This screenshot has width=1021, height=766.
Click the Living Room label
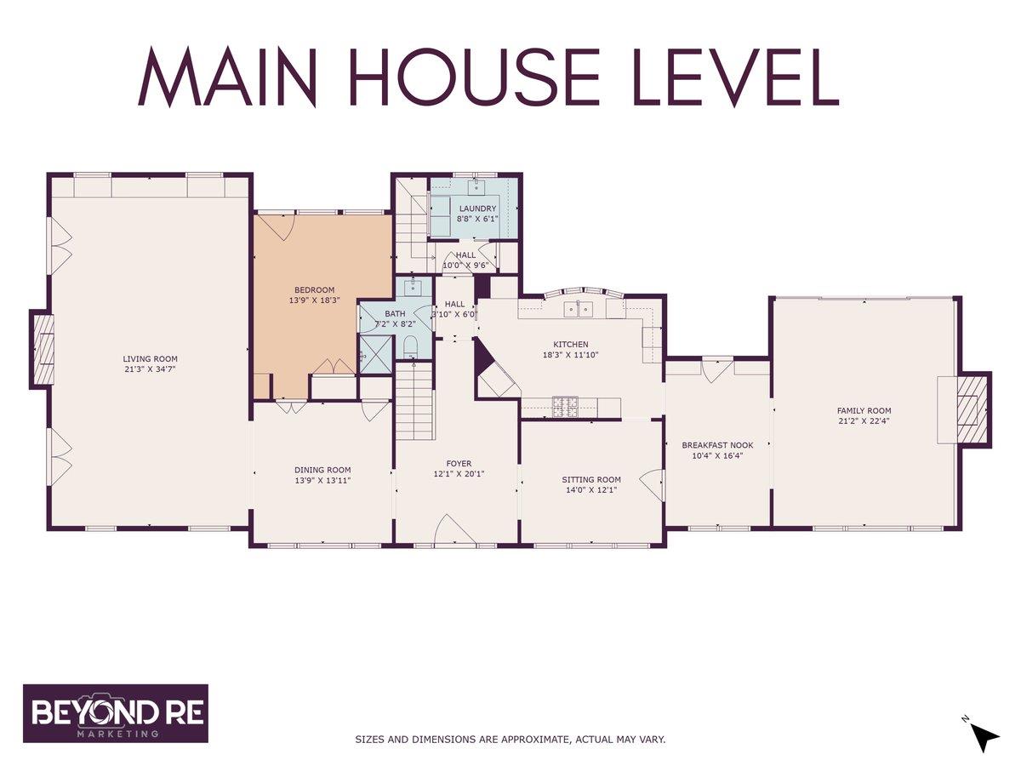pos(151,359)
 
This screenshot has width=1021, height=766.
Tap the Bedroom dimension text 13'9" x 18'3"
pos(315,300)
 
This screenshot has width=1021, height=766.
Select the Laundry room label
pos(477,209)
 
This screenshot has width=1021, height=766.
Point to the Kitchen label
pos(571,345)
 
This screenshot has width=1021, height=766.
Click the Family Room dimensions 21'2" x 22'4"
pos(864,421)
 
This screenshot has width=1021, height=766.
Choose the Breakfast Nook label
pos(717,445)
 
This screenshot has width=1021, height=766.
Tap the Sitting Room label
pos(591,479)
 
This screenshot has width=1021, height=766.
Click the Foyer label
pos(459,464)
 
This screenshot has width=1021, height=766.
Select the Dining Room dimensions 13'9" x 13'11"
pos(322,480)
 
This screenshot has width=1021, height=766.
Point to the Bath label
pos(395,314)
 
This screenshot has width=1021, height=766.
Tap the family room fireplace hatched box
pos(972,409)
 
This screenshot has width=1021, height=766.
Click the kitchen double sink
pos(579,309)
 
